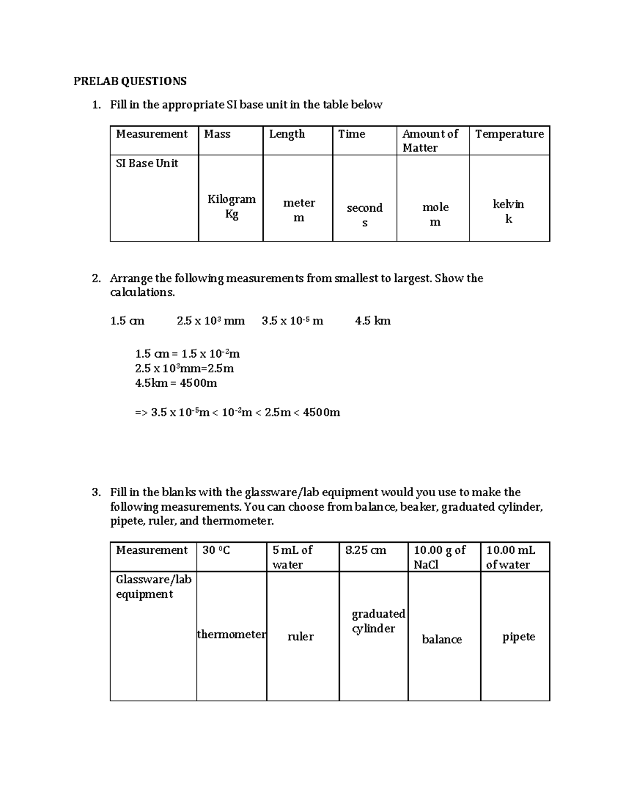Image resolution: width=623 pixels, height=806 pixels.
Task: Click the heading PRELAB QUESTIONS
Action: coord(130,81)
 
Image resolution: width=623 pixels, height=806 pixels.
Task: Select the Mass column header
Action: coord(217,134)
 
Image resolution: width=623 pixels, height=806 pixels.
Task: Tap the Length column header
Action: coord(287,134)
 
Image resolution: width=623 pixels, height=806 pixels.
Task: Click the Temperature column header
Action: coord(509,134)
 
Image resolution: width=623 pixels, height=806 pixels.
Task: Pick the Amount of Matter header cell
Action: coord(430,141)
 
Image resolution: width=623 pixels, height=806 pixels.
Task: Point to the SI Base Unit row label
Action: coord(147,163)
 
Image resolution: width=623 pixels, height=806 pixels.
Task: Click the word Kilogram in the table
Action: coord(232,199)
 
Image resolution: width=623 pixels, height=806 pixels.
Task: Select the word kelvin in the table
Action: coord(508,204)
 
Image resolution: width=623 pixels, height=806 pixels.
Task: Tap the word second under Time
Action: coord(364,208)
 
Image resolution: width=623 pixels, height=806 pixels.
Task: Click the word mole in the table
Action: coord(436,207)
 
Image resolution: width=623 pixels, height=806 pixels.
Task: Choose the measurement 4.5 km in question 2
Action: coord(373,321)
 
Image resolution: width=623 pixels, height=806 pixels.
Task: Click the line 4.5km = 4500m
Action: coord(176,383)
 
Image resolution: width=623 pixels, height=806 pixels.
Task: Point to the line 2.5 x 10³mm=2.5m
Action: coord(184,368)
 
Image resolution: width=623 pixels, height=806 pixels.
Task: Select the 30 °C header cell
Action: coord(216,550)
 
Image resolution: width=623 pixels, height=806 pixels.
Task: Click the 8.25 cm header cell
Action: coord(365,550)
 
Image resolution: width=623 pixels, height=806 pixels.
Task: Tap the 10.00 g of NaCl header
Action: coord(440,557)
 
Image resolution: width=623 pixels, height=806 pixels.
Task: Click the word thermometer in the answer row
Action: coord(232,634)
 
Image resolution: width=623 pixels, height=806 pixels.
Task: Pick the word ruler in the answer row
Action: coord(301,636)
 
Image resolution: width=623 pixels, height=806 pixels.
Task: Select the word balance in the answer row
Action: coord(442,639)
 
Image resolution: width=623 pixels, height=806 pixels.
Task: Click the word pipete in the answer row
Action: coord(519,637)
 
